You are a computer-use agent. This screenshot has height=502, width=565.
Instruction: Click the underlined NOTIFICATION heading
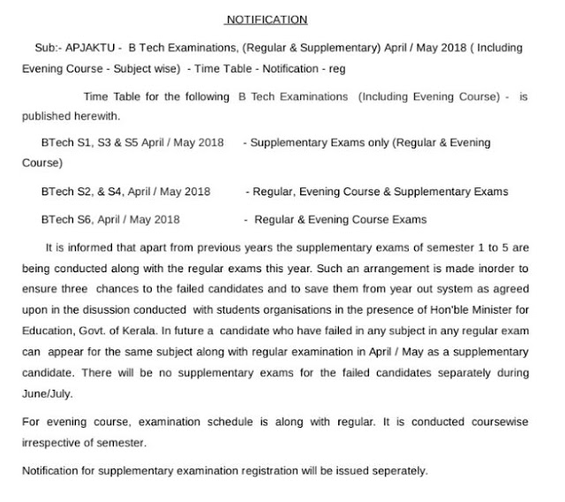coord(266,19)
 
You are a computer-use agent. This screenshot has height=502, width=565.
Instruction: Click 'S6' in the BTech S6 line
coord(79,219)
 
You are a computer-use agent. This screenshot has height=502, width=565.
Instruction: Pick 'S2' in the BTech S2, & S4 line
coord(79,191)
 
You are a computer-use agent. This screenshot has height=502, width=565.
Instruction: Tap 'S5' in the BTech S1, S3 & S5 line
coord(133,142)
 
